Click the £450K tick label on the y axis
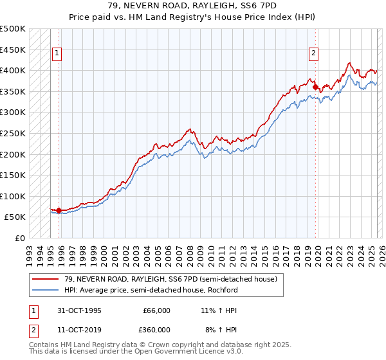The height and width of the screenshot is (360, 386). coord(13,50)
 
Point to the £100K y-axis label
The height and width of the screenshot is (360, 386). coord(13,196)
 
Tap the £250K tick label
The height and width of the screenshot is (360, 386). coord(13,133)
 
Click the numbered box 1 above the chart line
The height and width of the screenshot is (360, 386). coord(57,54)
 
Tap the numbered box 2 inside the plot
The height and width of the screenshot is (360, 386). coord(313,54)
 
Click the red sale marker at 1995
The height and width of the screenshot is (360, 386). coord(59,210)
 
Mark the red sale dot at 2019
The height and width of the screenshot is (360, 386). coord(315,87)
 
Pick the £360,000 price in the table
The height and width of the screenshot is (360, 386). coord(156,329)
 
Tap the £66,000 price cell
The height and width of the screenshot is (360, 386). coord(156,310)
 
